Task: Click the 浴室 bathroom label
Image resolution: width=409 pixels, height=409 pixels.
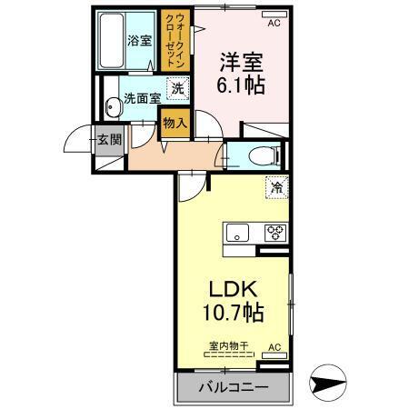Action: (x=138, y=40)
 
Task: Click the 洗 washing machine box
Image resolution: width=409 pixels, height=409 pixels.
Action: (x=178, y=89)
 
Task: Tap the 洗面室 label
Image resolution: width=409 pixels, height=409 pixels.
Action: (x=143, y=98)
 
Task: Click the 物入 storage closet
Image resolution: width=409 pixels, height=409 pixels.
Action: (x=175, y=122)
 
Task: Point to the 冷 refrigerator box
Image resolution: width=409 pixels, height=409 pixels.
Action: (x=274, y=189)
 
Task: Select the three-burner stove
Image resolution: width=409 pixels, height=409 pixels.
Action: (x=274, y=233)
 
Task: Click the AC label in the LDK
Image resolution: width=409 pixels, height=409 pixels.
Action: (x=274, y=347)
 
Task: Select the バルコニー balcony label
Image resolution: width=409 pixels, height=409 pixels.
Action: (x=232, y=388)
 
